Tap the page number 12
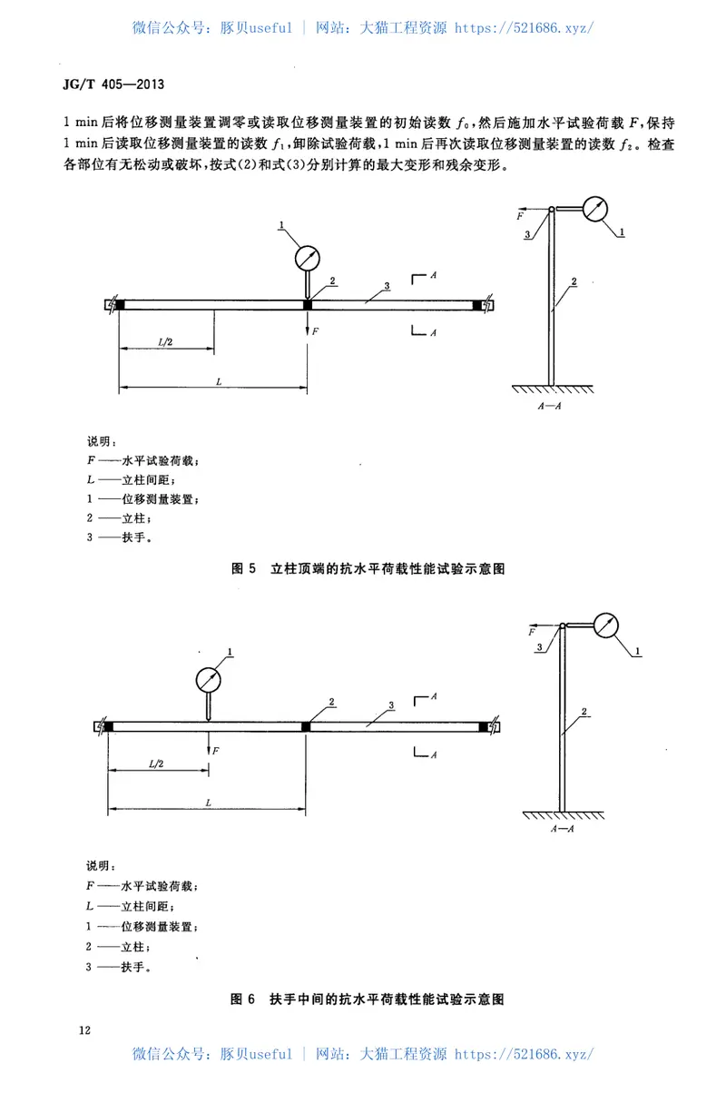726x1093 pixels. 84,1030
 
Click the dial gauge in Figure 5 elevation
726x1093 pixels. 308,258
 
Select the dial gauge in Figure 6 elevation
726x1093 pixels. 209,679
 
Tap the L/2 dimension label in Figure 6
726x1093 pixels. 157,764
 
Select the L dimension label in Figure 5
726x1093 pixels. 219,383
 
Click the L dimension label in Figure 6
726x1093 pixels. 209,803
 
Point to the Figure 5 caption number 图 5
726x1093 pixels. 242,569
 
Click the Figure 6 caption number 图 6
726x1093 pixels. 242,999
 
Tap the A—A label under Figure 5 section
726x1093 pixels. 550,407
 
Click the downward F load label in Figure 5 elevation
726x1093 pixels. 316,332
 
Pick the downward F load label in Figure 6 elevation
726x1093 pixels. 216,751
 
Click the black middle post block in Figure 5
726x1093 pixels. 309,305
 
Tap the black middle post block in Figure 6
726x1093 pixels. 307,726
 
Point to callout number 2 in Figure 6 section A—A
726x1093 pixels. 586,711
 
